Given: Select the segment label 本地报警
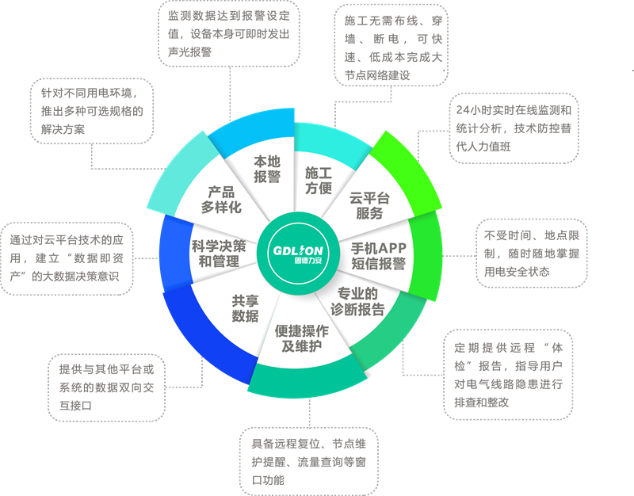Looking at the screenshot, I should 267,170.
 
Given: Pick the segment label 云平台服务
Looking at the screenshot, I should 369,205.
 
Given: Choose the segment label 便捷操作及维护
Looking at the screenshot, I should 302,339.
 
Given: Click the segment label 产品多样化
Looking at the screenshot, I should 221,200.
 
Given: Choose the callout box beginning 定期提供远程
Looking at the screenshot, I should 507,374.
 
